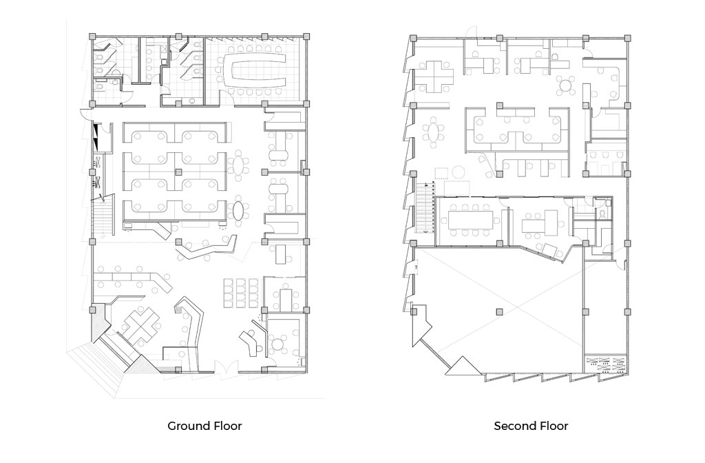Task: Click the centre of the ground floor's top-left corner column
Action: pyautogui.click(x=92, y=36)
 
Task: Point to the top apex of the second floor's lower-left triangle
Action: pyautogui.click(x=463, y=356)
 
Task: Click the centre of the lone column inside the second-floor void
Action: pyautogui.click(x=499, y=311)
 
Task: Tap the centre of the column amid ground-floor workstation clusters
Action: pyautogui.click(x=178, y=172)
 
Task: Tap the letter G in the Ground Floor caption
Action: pyautogui.click(x=171, y=426)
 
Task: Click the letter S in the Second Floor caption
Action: pyautogui.click(x=497, y=426)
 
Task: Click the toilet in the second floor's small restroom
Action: pyautogui.click(x=602, y=214)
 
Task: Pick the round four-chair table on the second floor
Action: pyautogui.click(x=565, y=85)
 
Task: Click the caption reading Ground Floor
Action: pyautogui.click(x=204, y=426)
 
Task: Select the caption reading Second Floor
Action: pyautogui.click(x=531, y=426)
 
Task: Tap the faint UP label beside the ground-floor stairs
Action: pyautogui.click(x=103, y=237)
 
